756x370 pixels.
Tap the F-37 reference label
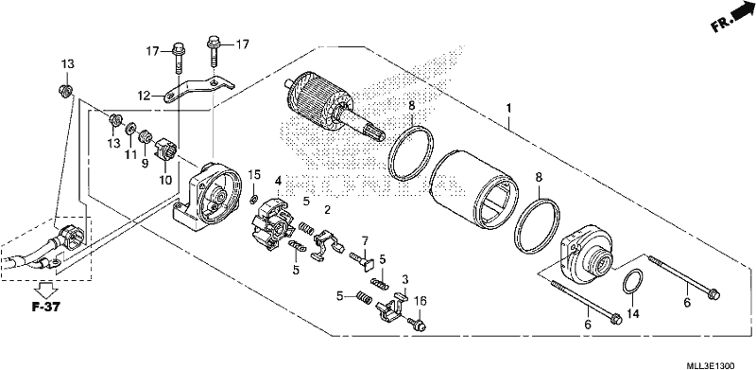click(x=46, y=307)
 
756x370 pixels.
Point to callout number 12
click(x=145, y=97)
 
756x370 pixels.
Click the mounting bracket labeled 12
click(x=198, y=90)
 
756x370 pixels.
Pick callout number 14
click(x=632, y=314)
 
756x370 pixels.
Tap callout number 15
click(x=254, y=174)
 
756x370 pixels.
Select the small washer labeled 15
click(x=253, y=199)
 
